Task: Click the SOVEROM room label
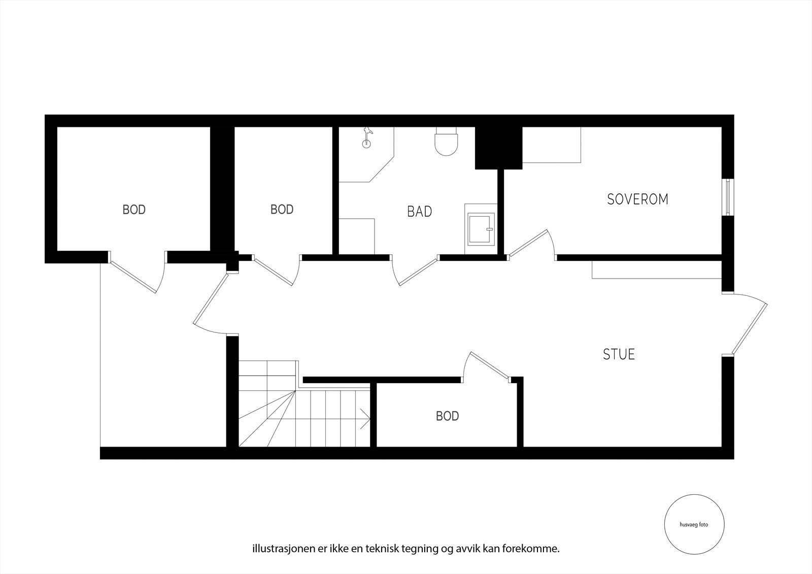tap(637, 199)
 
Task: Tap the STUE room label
tap(619, 354)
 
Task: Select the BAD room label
tap(419, 212)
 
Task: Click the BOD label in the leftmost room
tap(134, 210)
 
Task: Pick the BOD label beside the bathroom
tap(282, 210)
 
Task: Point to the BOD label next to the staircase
tap(447, 416)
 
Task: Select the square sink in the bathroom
tap(480, 229)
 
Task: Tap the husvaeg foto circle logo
tap(694, 525)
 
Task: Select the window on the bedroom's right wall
tap(728, 197)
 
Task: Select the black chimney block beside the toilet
tap(497, 148)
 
